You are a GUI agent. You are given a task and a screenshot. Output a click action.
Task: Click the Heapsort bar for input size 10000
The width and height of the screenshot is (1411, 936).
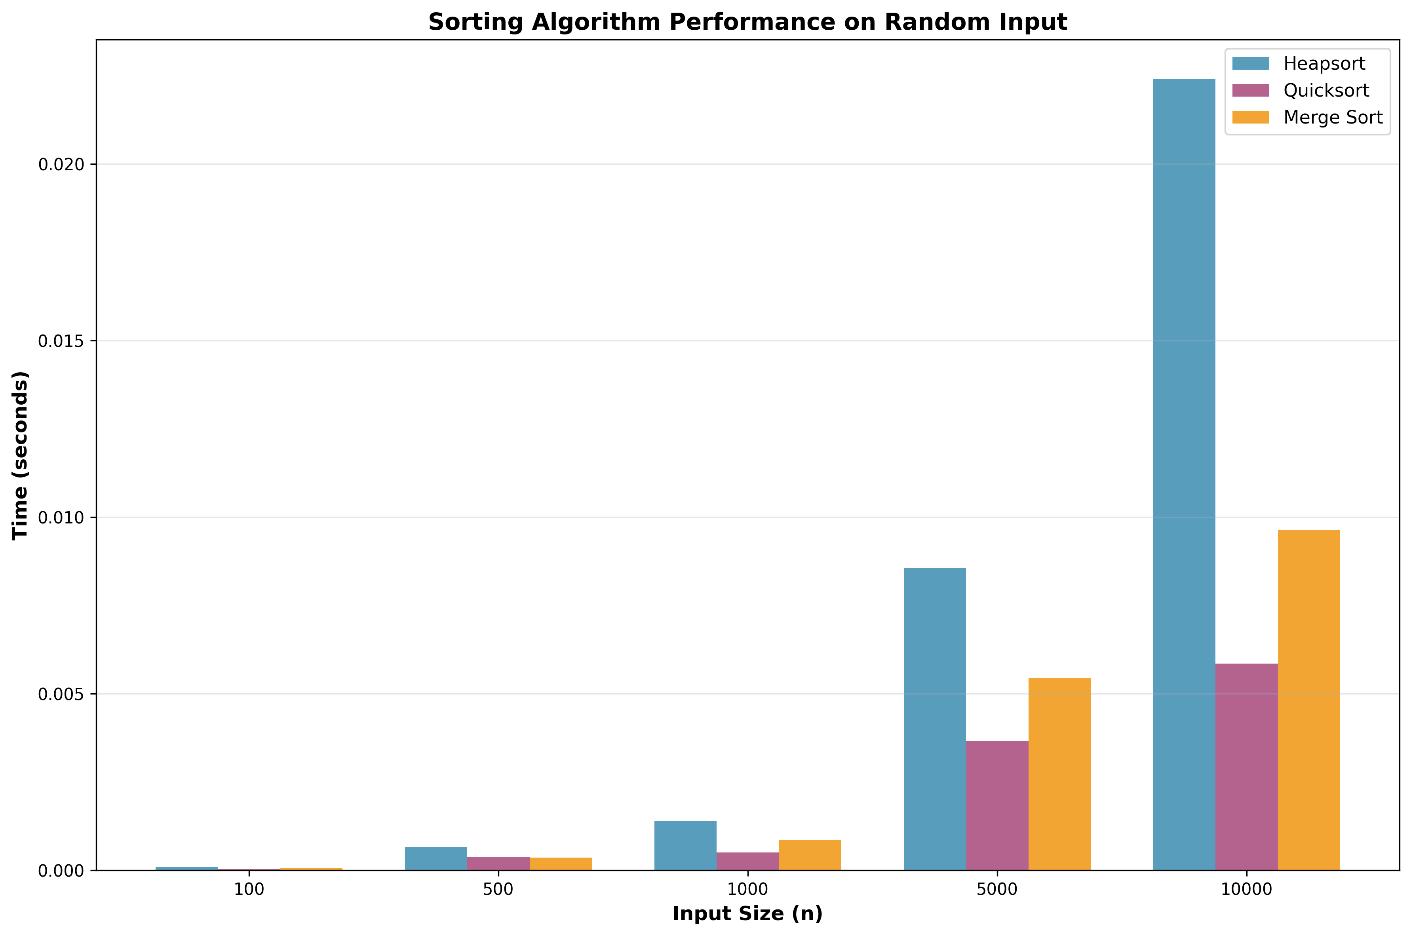(x=1184, y=475)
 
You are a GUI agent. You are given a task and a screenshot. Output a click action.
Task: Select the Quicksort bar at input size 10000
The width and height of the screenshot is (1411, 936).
(x=1246, y=767)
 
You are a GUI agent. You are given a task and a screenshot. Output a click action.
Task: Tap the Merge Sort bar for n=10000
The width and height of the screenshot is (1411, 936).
(x=1308, y=700)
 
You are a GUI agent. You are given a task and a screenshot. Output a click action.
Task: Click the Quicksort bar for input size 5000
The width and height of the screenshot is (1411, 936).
(x=997, y=805)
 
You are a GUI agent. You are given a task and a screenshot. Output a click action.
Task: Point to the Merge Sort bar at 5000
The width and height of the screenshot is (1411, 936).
(x=1059, y=774)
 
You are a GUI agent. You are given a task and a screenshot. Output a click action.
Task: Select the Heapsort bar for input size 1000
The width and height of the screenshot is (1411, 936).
(x=685, y=845)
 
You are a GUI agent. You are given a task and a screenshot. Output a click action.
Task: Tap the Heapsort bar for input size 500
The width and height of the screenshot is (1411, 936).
(x=436, y=858)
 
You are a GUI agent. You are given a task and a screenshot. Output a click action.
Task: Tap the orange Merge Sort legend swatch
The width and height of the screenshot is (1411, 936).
(x=1250, y=117)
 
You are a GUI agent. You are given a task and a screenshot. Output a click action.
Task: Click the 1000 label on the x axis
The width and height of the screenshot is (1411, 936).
(x=747, y=889)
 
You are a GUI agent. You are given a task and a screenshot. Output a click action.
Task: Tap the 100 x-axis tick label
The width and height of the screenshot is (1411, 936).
(x=249, y=889)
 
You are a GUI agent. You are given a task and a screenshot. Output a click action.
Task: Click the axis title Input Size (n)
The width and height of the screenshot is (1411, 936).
(x=747, y=914)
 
